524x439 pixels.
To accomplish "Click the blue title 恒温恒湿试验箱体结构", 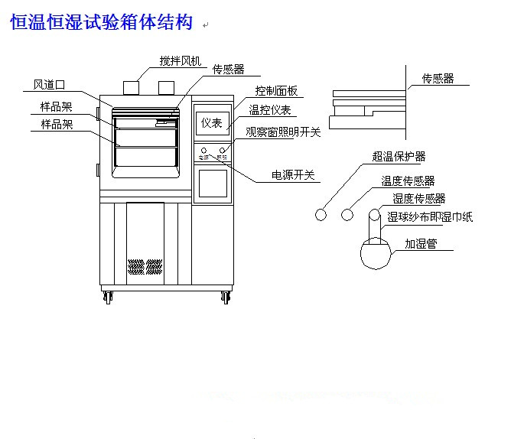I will coord(100,23).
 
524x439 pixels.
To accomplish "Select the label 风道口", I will coord(49,84).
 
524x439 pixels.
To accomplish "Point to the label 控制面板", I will coord(276,91).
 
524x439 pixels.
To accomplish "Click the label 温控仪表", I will coord(269,111).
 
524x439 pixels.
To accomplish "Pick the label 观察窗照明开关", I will coord(283,132).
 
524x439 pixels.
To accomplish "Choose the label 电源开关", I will coord(293,174).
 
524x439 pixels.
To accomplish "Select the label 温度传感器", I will coord(408,181).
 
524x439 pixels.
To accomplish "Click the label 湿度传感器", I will coord(418,199).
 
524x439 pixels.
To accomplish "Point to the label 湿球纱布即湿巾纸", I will coord(430,217).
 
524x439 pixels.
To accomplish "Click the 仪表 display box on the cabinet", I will coord(211,122).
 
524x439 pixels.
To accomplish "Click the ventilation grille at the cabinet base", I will coord(145,267).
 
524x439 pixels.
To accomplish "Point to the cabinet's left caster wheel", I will coord(108,297).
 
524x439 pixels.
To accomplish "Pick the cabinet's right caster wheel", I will coord(226,297).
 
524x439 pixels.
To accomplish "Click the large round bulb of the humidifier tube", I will coord(375,253).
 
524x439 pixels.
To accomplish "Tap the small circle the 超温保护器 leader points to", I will coord(321,216).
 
